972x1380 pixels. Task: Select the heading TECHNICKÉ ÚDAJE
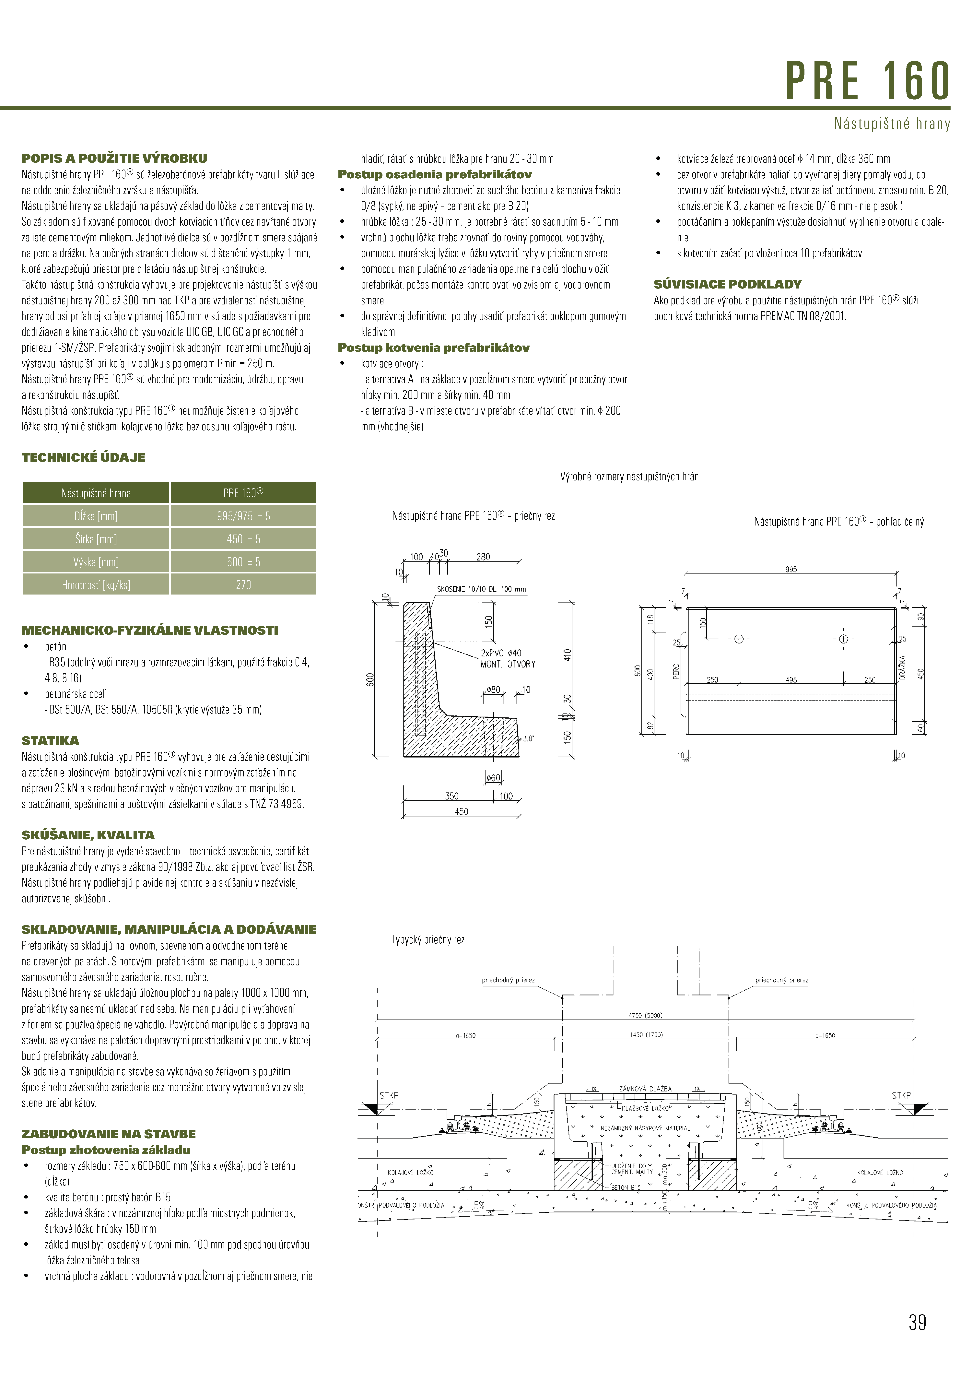pyautogui.click(x=84, y=457)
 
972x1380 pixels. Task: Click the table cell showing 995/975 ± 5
pyautogui.click(x=243, y=516)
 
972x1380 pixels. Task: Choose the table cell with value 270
pyautogui.click(x=243, y=585)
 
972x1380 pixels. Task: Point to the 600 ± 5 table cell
pyautogui.click(x=243, y=562)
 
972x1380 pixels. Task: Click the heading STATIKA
pyautogui.click(x=51, y=740)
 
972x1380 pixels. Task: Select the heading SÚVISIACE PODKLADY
pyautogui.click(x=727, y=284)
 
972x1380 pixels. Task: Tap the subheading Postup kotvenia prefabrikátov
pyautogui.click(x=433, y=347)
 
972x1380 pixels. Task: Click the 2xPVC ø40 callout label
pyautogui.click(x=501, y=653)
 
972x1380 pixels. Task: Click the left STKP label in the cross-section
pyautogui.click(x=389, y=1095)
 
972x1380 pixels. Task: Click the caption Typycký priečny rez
pyautogui.click(x=428, y=939)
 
